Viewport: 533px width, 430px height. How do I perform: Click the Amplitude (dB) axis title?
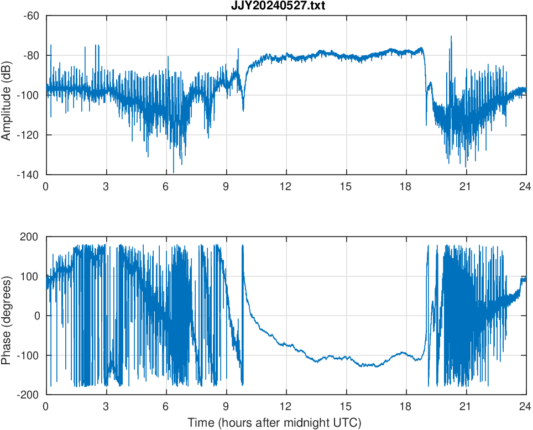7,95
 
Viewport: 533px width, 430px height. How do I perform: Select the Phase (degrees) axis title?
7,316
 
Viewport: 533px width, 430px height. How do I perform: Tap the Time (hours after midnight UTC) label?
274,423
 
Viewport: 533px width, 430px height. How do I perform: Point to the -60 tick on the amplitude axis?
31,15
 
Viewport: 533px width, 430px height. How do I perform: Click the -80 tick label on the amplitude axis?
31,55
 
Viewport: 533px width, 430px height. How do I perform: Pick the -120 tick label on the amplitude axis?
29,135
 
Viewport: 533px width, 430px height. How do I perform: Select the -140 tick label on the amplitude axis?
29,175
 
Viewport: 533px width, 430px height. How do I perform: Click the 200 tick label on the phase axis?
30,237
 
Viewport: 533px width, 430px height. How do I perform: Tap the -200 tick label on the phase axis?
28,395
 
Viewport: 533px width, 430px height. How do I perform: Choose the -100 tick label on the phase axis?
28,355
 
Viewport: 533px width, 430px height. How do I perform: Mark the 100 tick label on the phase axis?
30,276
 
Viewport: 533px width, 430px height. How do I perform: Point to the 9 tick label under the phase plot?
226,406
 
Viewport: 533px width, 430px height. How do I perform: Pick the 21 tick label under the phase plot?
466,406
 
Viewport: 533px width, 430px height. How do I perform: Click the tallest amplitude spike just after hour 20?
451,37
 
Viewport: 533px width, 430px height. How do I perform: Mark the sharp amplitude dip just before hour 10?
243,109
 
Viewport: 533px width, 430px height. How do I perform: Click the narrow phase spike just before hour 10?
243,247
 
